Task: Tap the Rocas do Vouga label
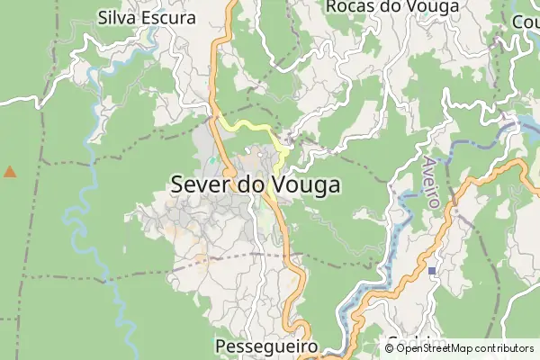coord(392,6)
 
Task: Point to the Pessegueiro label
coord(267,346)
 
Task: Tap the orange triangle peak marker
coord(10,171)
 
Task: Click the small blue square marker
coord(432,270)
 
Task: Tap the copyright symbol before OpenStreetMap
coord(389,348)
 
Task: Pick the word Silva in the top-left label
coord(117,16)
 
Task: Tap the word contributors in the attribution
coord(503,348)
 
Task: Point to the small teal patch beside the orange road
coord(212,161)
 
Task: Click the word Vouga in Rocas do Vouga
coord(432,6)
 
